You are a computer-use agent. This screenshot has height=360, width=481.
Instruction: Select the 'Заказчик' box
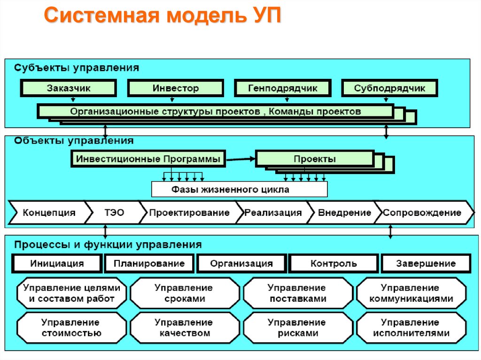click(69, 88)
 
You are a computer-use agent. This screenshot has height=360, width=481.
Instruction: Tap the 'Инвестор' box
click(176, 88)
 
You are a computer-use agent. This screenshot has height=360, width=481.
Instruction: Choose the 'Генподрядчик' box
click(283, 88)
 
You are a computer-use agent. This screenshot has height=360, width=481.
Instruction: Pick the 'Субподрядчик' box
click(390, 88)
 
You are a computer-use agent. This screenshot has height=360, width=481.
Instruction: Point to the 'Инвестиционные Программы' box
click(148, 159)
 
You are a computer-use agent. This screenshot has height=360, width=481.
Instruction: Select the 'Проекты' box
click(315, 159)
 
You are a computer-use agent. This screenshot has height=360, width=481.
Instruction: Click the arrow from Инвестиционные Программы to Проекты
click(240, 159)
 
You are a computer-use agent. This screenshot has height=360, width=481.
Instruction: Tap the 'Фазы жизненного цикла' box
click(240, 190)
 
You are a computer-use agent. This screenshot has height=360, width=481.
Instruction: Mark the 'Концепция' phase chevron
click(48, 213)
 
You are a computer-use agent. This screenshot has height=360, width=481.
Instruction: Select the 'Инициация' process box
click(57, 263)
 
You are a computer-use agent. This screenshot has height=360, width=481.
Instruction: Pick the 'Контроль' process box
click(334, 263)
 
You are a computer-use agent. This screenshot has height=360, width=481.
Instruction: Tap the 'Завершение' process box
click(426, 263)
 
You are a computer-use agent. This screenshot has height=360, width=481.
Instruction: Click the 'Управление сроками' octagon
click(184, 293)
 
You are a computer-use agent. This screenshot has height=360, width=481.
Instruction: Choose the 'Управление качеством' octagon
click(184, 328)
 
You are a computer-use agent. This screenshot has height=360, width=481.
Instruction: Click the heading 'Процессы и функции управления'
click(108, 245)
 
